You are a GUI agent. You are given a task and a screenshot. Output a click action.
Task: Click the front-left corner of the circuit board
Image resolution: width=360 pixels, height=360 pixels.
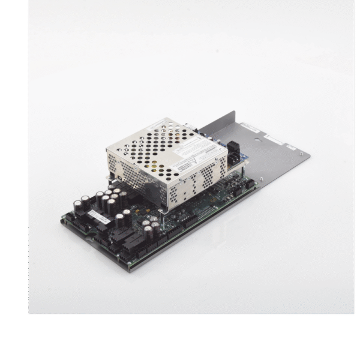click(61, 223)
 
